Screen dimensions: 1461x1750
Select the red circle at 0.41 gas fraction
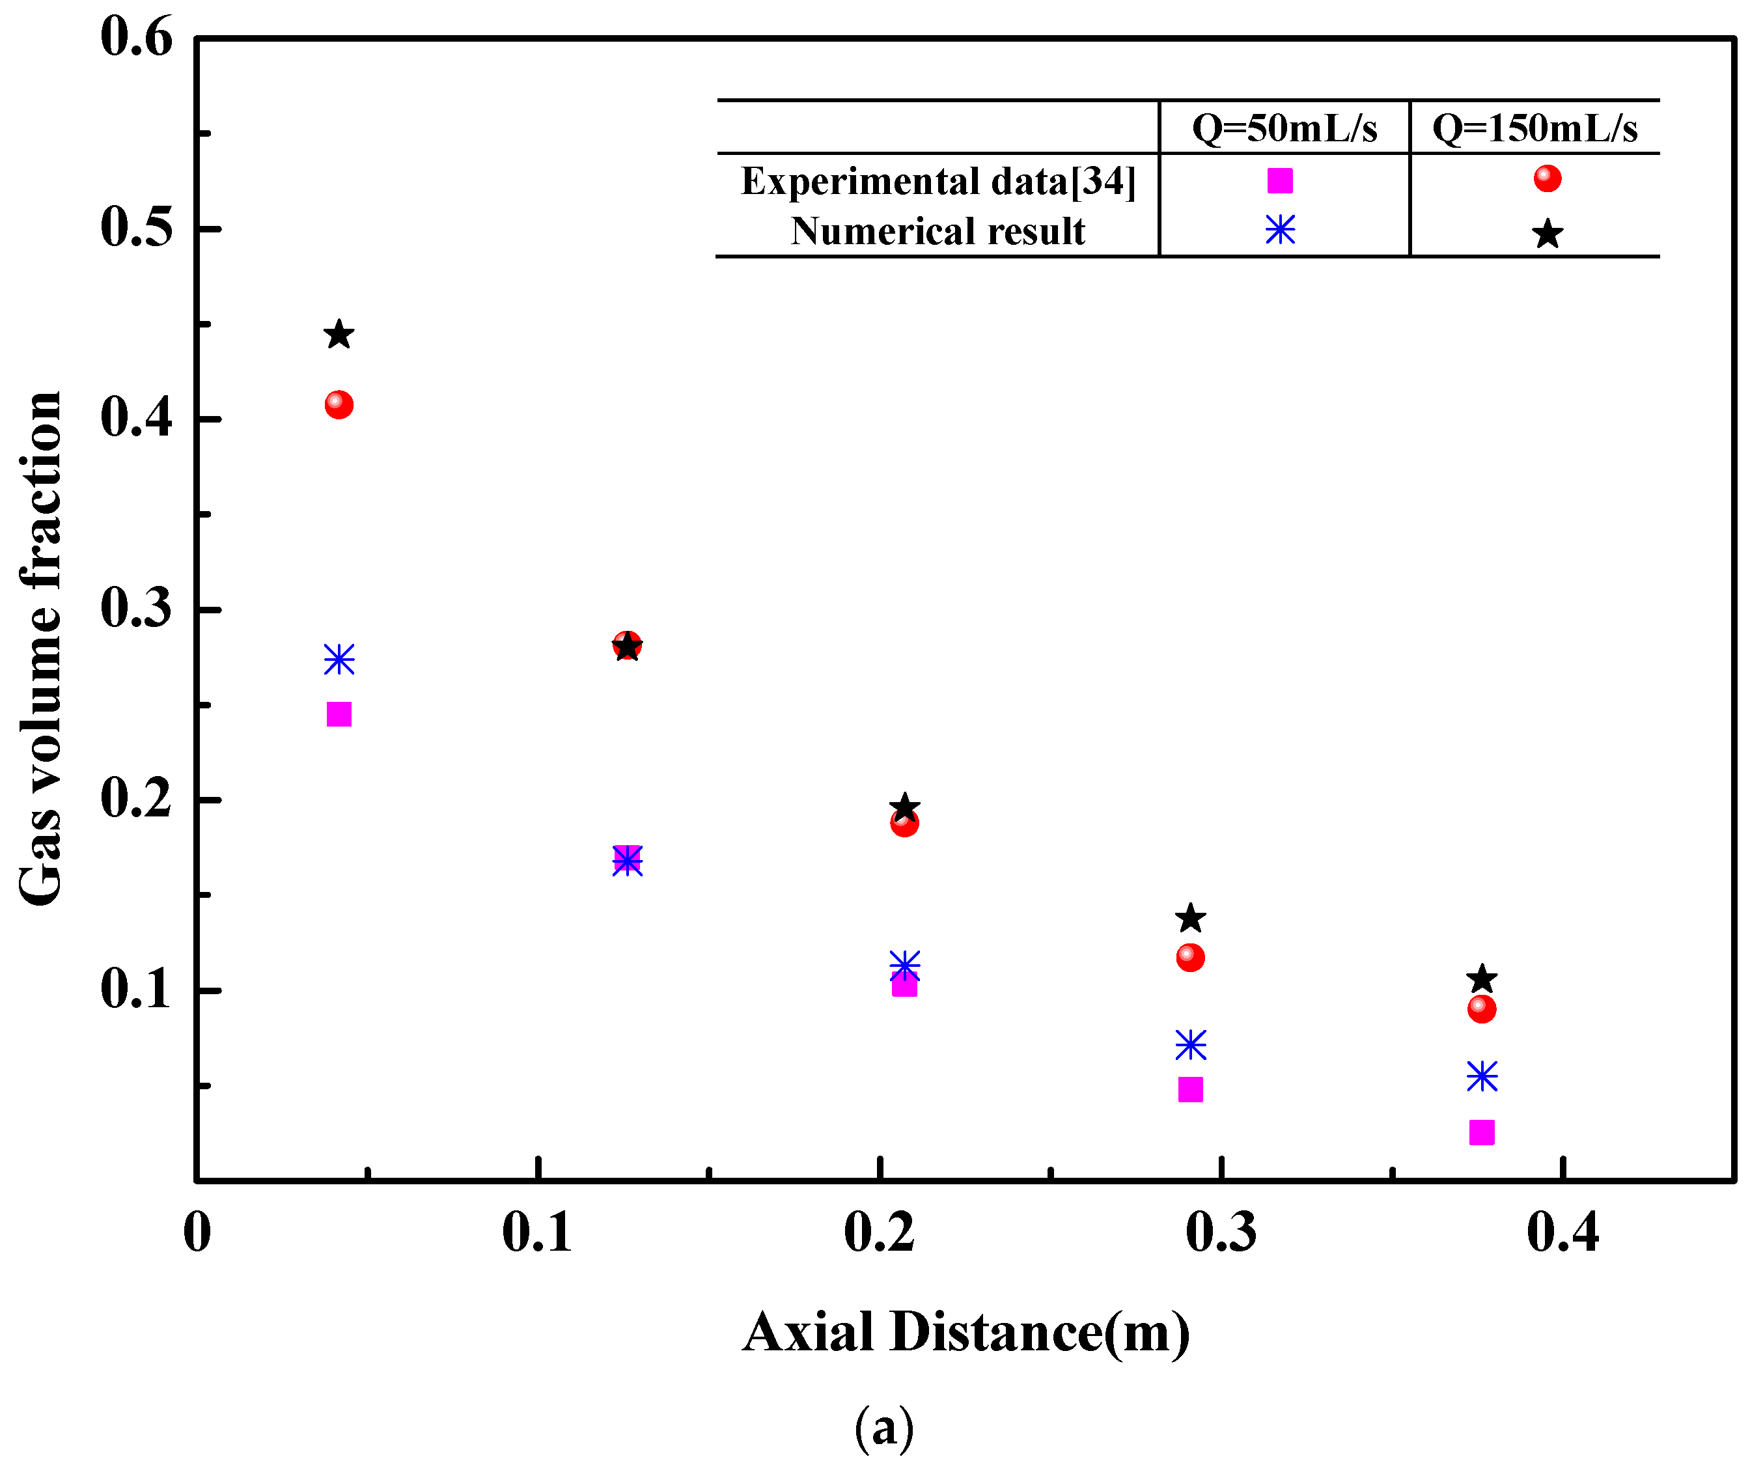pos(339,405)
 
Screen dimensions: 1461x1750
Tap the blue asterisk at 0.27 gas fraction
pos(339,660)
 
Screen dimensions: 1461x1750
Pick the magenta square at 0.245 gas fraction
pos(339,714)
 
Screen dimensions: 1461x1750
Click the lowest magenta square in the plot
pos(1481,1132)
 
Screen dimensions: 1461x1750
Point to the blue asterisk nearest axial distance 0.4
pos(1481,1077)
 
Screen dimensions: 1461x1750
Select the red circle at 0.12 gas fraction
pos(1190,958)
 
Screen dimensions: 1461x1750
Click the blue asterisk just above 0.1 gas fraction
pos(904,966)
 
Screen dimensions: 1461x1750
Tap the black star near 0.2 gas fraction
pos(904,807)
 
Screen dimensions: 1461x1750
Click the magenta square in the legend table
pos(1279,180)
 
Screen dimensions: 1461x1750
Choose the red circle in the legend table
pos(1547,178)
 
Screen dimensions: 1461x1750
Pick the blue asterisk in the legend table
pos(1279,230)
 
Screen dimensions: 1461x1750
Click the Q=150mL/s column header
pos(1534,128)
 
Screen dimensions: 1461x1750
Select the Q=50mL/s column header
pos(1284,128)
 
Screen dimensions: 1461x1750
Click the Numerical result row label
pos(937,231)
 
